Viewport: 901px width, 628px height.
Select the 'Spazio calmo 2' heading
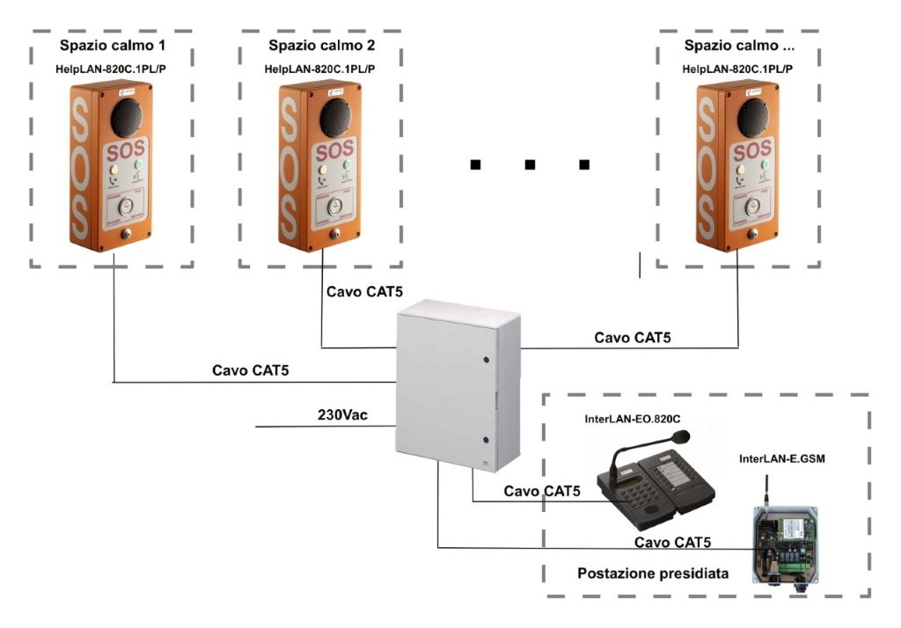[x=320, y=45]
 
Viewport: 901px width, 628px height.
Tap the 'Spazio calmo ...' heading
[x=738, y=45]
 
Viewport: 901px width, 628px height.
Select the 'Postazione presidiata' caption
[x=653, y=573]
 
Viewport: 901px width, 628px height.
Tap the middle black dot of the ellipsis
[x=530, y=164]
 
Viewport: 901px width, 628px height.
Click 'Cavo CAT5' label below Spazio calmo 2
[x=364, y=291]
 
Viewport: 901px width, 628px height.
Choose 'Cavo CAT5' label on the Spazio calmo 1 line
[x=251, y=370]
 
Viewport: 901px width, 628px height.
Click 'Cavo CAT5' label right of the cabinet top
[x=633, y=337]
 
